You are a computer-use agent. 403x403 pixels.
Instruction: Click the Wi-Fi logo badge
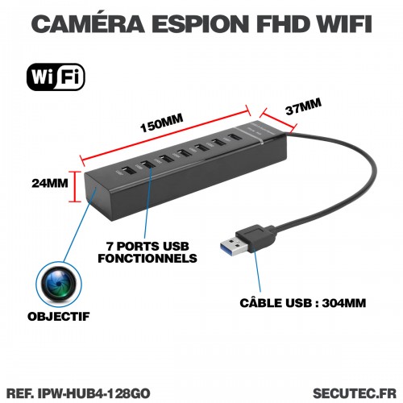pyautogui.click(x=56, y=77)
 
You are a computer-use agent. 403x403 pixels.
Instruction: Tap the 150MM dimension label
pyautogui.click(x=162, y=123)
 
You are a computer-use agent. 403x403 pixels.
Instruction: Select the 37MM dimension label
pyautogui.click(x=303, y=106)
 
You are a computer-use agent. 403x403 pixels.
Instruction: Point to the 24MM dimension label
pyautogui.click(x=50, y=183)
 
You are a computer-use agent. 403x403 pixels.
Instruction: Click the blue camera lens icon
pyautogui.click(x=59, y=285)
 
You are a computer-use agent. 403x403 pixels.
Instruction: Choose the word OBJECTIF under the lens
pyautogui.click(x=59, y=317)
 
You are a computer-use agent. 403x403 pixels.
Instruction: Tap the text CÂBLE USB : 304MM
pyautogui.click(x=303, y=303)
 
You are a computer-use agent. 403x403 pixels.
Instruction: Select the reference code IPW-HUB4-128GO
pyautogui.click(x=93, y=393)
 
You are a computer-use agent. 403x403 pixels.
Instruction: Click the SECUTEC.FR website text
pyautogui.click(x=355, y=393)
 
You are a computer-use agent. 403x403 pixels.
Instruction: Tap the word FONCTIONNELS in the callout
pyautogui.click(x=147, y=258)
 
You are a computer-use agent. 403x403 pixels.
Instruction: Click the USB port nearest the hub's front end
pyautogui.click(x=128, y=171)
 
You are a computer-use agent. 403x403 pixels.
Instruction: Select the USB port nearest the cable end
pyautogui.click(x=234, y=138)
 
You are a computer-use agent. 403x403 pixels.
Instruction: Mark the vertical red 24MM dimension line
pyautogui.click(x=75, y=186)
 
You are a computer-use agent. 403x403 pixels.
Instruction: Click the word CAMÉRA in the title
pyautogui.click(x=88, y=23)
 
